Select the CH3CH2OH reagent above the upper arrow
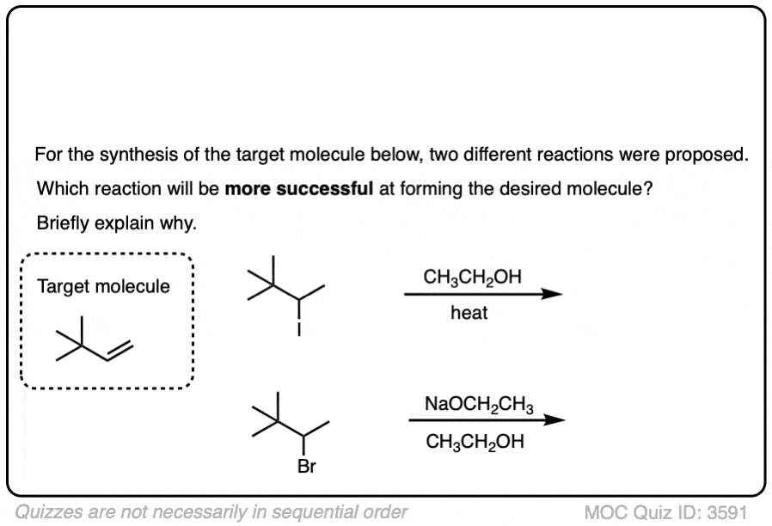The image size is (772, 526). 473,277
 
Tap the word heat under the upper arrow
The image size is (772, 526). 469,314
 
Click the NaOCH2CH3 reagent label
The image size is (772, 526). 479,404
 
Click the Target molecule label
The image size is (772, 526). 104,286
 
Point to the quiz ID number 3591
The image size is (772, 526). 726,513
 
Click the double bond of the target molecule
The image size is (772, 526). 121,352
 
